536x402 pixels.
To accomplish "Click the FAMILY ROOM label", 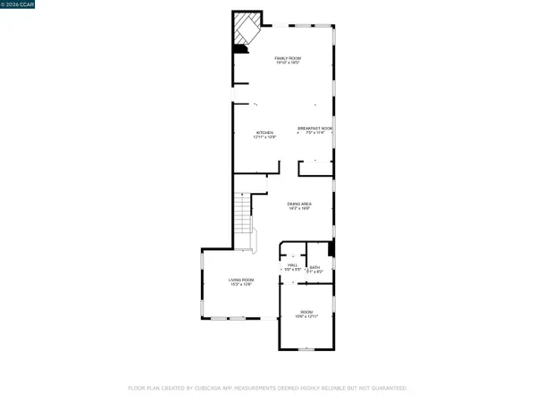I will point(286,57).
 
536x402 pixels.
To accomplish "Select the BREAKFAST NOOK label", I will point(314,128).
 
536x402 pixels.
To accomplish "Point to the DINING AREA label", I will point(299,205).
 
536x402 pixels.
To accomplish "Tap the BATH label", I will point(314,267).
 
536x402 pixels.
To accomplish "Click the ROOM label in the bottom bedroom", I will point(307,312).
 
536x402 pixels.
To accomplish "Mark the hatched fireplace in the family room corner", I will point(247,28).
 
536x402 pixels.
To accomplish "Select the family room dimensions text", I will point(286,63).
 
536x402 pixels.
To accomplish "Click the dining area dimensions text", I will point(299,210).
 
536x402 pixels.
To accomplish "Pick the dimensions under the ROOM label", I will point(307,317).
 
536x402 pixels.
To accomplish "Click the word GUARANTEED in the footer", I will point(388,389).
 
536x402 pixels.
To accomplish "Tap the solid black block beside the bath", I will point(331,249).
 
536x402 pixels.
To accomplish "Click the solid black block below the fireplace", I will point(239,50).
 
